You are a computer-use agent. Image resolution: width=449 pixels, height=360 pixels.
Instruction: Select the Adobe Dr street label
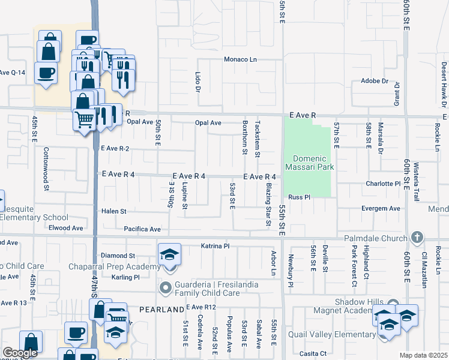pos(375,81)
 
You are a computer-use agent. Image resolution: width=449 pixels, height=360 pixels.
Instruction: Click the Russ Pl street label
pos(298,197)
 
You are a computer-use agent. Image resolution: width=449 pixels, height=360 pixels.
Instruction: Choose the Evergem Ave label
pos(381,208)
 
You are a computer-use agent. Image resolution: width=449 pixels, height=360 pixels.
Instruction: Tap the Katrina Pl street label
pos(215,246)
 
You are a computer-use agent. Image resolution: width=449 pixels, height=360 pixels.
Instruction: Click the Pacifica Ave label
pos(142,229)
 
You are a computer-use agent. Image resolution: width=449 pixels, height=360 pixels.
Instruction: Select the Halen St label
pos(114,211)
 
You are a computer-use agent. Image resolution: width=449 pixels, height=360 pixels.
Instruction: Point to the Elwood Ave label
pos(66,228)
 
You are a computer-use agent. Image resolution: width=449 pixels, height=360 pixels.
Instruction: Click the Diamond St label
pos(118,256)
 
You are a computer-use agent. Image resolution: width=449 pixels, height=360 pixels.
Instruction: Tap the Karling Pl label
pos(125,277)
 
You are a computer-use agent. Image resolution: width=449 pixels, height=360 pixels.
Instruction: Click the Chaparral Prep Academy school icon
pos(169,256)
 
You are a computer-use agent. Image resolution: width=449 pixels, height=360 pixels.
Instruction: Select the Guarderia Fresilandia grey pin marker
pos(166,288)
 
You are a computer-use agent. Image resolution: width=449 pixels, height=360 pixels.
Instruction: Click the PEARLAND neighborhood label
pos(161,309)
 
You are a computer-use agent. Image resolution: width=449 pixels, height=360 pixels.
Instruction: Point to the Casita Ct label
pos(315,353)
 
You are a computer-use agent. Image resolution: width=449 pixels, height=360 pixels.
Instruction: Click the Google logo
pos(20,353)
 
